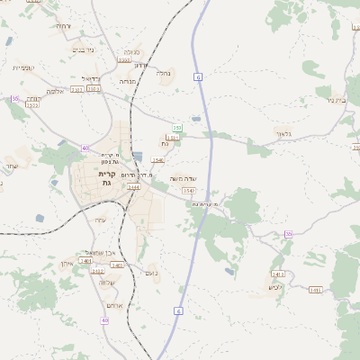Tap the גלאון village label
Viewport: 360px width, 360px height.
283,132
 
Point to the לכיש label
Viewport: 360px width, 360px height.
274,286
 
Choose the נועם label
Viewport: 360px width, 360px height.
151,274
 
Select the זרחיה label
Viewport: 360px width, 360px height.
63,25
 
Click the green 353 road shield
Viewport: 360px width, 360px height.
178,129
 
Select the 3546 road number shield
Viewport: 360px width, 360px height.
158,160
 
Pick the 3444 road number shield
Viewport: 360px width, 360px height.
133,187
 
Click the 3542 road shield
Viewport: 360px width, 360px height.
189,191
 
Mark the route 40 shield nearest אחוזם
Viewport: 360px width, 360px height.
105,319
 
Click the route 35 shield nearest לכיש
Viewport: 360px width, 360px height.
288,234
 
